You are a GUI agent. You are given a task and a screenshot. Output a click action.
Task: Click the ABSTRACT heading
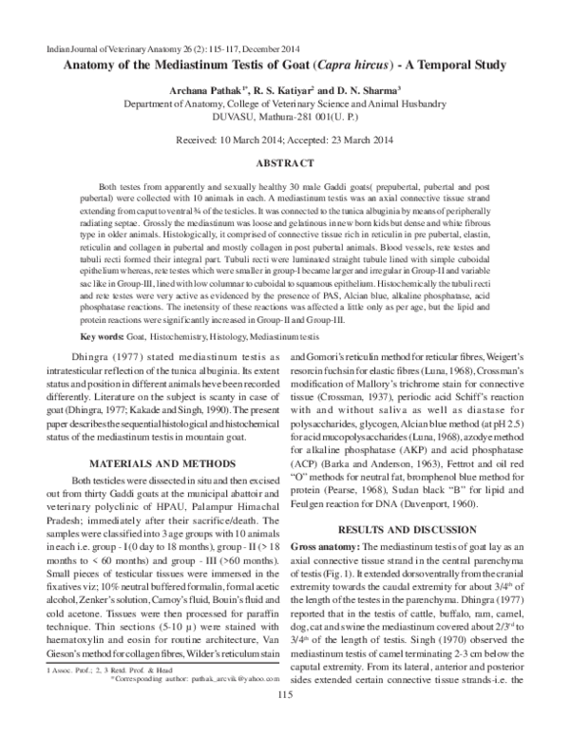point(285,163)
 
